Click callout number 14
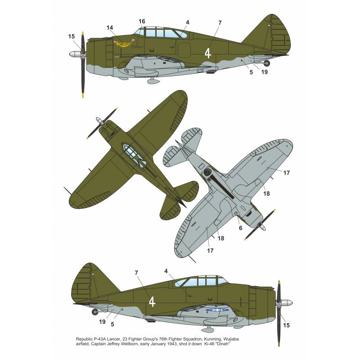coord(110,28)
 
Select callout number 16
coord(142,21)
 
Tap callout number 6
coord(241,228)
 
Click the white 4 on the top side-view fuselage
coord(208,53)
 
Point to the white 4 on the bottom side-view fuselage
coord(152,301)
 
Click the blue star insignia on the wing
coord(217,310)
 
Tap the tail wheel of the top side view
coord(267,63)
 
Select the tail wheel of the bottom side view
coord(94,311)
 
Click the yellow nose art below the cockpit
coord(124,44)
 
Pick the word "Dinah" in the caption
coord(222,344)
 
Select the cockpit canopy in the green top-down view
coord(134,155)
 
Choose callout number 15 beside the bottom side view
coord(286,325)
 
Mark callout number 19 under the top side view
coord(265,72)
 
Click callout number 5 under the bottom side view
coord(112,324)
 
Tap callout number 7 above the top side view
coord(220,23)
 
